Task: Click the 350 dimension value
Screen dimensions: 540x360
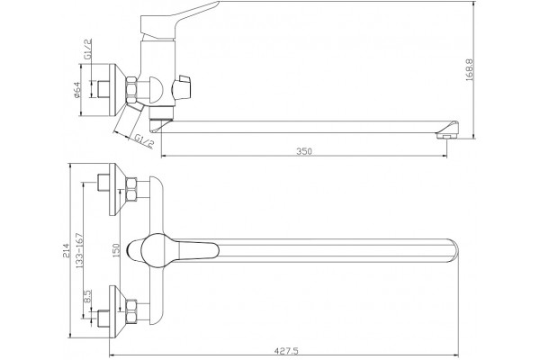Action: click(x=304, y=151)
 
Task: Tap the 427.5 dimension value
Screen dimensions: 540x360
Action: click(x=286, y=351)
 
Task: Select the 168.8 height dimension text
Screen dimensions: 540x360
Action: click(x=470, y=70)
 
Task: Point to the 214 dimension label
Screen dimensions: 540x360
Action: click(x=66, y=250)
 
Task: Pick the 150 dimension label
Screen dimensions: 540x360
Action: click(x=116, y=250)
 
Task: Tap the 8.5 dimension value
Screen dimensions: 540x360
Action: click(x=86, y=296)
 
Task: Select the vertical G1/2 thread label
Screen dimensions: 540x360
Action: click(x=88, y=49)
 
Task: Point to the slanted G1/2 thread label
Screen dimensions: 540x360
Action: click(x=144, y=140)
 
